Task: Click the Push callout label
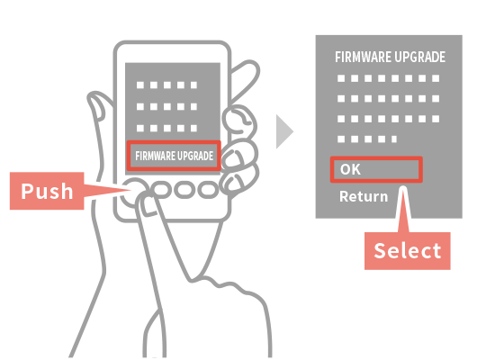point(47,191)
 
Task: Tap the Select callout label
point(407,251)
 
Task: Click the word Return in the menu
point(364,196)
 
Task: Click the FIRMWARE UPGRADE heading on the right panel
point(391,58)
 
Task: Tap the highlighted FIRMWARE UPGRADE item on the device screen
point(174,156)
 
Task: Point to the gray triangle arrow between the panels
point(284,131)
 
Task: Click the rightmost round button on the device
point(208,190)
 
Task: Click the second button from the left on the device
point(161,190)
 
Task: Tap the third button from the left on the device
point(184,190)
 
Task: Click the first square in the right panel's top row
point(341,78)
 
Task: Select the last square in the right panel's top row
point(436,78)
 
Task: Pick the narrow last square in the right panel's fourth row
point(394,139)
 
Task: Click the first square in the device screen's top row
point(140,85)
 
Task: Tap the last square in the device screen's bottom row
point(193,128)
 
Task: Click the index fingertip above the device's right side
point(249,70)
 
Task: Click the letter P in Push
point(27,191)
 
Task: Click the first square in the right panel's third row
point(341,119)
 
